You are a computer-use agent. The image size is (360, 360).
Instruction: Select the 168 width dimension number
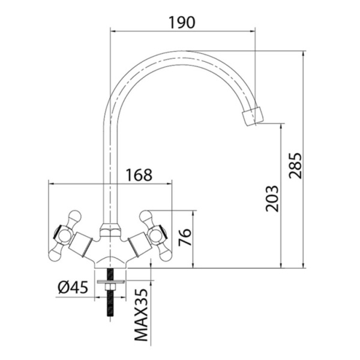coord(139,175)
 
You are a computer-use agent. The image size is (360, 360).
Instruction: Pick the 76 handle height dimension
coord(184,239)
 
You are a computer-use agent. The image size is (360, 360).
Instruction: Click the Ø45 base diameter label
coord(74,287)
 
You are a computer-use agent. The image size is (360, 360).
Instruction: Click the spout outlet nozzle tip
coord(252,116)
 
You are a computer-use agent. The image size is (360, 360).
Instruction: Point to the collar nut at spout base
coord(109,229)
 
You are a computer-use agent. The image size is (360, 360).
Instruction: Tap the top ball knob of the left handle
coord(76,214)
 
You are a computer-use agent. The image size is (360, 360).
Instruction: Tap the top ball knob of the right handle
coord(144,214)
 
